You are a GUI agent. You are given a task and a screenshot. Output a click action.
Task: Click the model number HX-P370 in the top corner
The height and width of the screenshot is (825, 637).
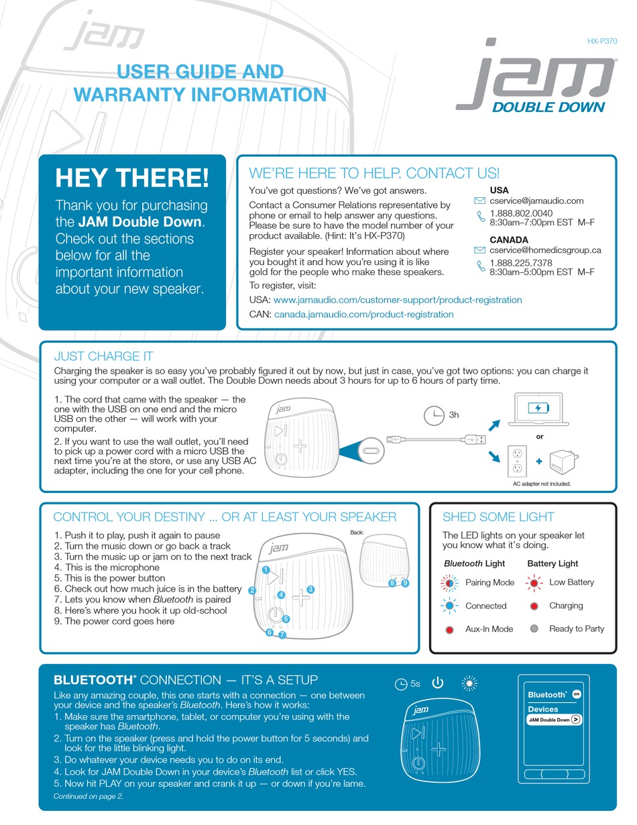[x=602, y=41]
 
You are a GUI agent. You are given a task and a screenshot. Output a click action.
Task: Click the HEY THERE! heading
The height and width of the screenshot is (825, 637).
[x=132, y=178]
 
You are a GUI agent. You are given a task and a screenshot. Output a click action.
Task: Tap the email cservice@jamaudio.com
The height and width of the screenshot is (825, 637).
[x=536, y=201]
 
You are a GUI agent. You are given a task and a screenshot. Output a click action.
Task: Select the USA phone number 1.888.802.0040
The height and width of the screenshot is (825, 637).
[x=521, y=213]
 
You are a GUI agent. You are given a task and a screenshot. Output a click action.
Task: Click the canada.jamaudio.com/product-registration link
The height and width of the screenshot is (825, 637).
[x=363, y=314]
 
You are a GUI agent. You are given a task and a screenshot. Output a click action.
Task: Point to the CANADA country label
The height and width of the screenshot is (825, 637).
[x=508, y=239]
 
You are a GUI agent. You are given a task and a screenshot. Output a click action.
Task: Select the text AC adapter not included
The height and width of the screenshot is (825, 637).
[x=541, y=484]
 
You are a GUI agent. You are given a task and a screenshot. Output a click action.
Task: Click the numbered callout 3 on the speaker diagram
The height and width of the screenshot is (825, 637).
[x=310, y=590]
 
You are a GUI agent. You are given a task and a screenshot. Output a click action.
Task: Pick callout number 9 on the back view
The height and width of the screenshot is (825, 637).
[x=406, y=584]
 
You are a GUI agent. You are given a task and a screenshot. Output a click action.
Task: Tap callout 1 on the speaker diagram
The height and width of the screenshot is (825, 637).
[x=266, y=570]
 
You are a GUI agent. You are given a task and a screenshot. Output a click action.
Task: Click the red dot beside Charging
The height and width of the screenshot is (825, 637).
[x=534, y=606]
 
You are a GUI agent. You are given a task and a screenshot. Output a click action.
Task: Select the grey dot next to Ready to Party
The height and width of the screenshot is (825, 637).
[x=534, y=628]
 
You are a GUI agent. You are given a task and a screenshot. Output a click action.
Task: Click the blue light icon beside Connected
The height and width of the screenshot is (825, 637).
[x=450, y=606]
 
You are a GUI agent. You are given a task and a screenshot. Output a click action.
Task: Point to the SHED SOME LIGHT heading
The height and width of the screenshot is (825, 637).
[x=498, y=517]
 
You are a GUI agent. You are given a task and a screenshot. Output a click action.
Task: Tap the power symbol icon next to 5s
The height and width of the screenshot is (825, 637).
[x=438, y=683]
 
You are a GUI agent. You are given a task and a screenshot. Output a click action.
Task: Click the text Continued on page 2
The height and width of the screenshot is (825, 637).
[x=89, y=797]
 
